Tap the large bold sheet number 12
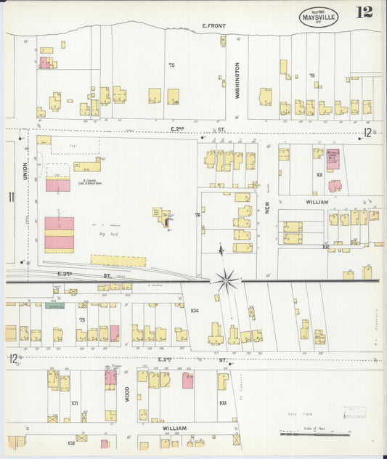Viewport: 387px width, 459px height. (364, 12)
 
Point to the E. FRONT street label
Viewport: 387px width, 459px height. (213, 26)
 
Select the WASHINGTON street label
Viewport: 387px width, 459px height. (237, 80)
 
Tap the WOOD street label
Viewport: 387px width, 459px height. (127, 394)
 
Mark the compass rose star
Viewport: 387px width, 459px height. (227, 280)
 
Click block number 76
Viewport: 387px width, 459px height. (197, 215)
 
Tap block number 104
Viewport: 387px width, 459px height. (194, 310)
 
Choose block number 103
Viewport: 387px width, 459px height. (222, 402)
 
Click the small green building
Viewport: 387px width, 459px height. (55, 306)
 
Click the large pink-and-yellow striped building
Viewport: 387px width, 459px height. (59, 234)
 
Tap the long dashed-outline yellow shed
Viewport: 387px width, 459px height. (118, 260)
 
